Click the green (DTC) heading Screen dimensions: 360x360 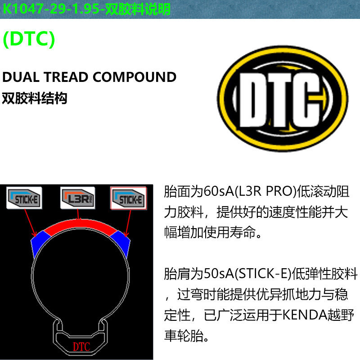pos(29,39)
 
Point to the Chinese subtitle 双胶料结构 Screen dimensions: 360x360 pos(35,98)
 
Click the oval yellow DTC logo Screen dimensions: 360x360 pos(283,99)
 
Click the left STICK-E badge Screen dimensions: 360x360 pos(24,198)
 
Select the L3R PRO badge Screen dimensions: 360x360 pos(77,198)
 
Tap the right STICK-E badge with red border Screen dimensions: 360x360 pos(129,198)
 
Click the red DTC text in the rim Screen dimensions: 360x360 pos(81,346)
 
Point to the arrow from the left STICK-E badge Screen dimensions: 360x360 pos(30,223)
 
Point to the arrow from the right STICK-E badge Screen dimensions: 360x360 pos(128,223)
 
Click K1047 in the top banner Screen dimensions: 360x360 pos(23,9)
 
